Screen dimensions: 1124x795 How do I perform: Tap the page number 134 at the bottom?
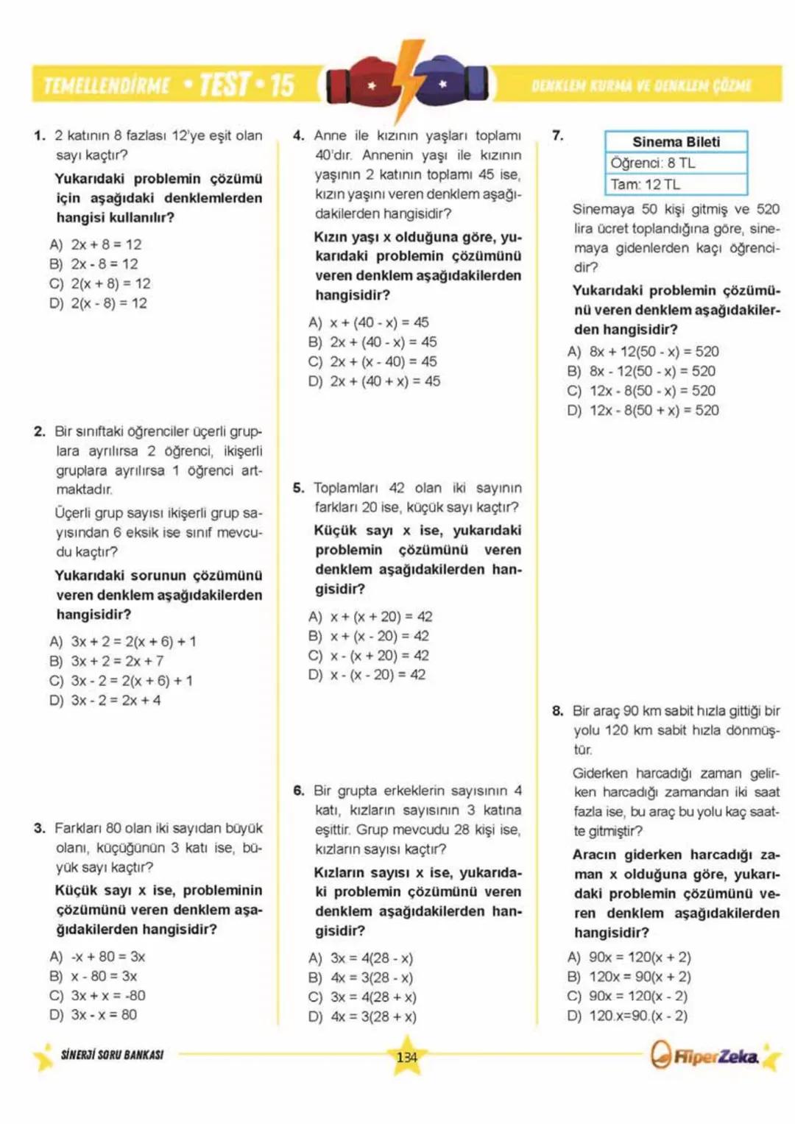pos(406,1057)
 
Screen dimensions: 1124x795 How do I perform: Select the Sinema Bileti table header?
pos(676,142)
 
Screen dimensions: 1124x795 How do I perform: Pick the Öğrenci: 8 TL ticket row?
pos(676,163)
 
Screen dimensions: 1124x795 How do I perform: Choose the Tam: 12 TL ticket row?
pos(676,184)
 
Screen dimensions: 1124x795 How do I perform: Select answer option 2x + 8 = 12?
pos(105,244)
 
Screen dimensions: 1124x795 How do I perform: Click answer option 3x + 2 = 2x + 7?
pos(116,661)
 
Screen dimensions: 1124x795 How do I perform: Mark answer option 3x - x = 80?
pos(103,1014)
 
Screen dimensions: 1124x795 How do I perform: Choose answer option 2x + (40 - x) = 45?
pos(383,342)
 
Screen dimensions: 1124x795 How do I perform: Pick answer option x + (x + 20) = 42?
pos(380,617)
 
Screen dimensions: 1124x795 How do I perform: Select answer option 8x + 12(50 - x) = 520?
pos(653,352)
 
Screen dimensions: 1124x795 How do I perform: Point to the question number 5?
pos(298,488)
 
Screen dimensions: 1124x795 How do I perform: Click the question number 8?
pos(557,711)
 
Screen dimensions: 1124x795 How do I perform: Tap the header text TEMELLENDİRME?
pos(107,86)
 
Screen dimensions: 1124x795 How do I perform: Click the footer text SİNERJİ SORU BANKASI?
pos(112,1055)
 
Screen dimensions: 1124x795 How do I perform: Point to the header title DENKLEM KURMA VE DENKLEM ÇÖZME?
pos(640,85)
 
